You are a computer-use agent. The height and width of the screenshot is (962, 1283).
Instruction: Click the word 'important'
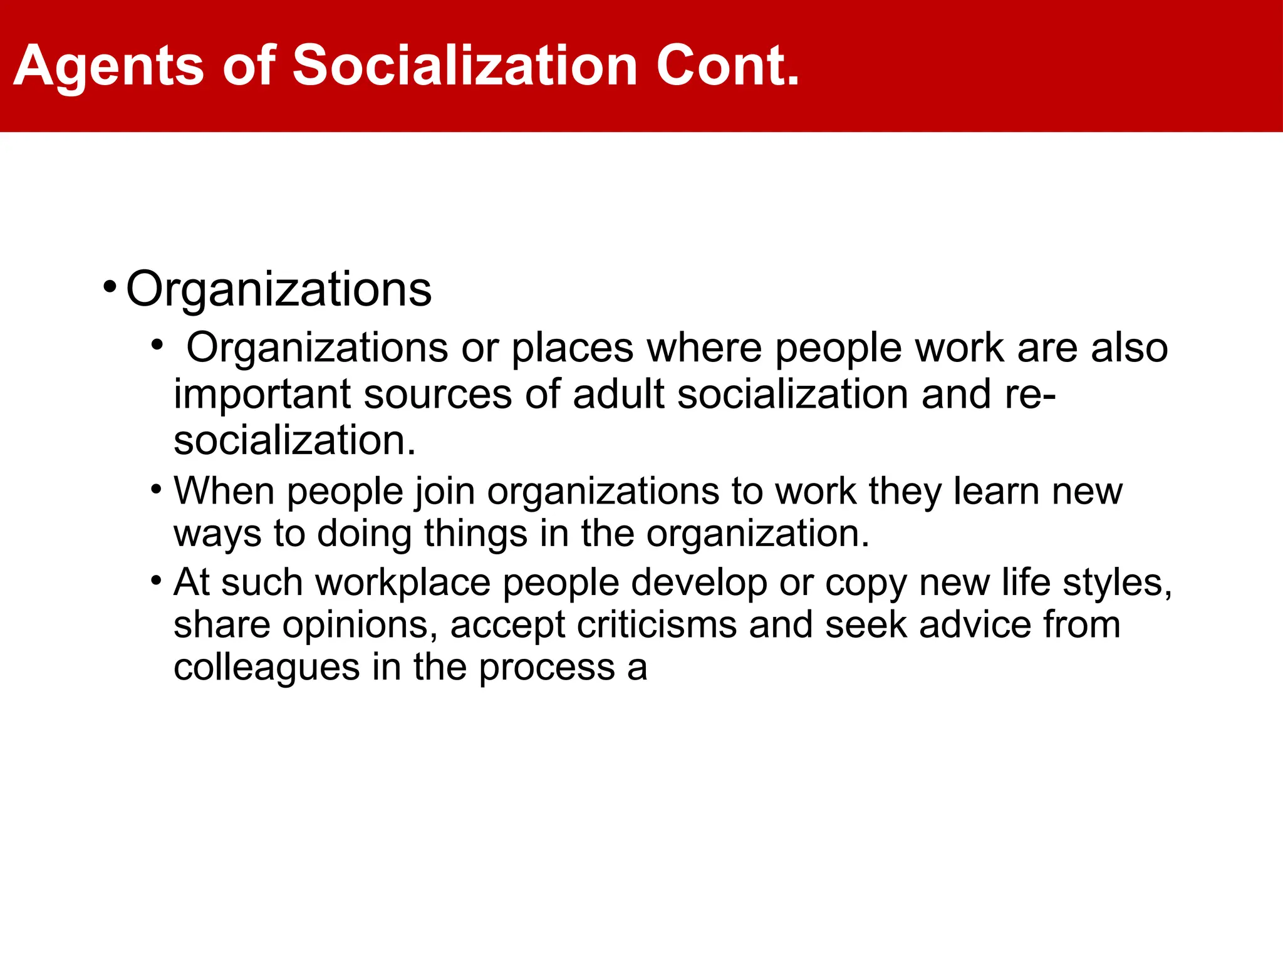click(x=262, y=395)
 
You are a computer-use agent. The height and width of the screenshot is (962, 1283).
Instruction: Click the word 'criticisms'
click(x=657, y=625)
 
